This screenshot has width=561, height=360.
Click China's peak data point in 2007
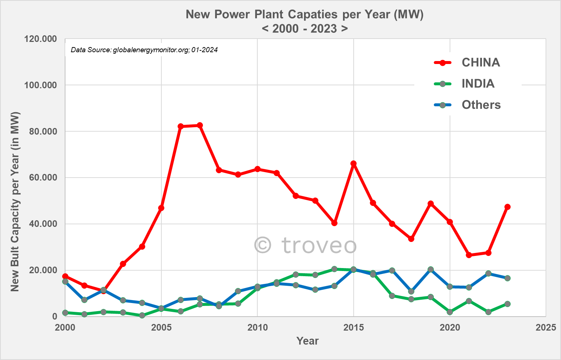200,125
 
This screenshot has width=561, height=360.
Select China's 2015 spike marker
353,164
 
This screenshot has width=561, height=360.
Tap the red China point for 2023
507,207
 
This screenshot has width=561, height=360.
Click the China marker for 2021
469,255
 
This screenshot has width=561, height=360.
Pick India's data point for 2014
334,269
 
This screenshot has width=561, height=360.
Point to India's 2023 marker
507,304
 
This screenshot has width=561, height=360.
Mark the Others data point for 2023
507,278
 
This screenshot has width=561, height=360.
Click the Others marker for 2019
430,270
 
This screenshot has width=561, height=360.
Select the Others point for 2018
411,291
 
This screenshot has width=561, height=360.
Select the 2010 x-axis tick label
257,327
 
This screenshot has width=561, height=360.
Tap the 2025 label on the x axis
546,327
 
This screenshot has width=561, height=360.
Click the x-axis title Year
307,341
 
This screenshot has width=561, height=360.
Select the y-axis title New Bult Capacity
15,202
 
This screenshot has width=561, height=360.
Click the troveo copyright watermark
305,245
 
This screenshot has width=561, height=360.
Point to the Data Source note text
144,50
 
